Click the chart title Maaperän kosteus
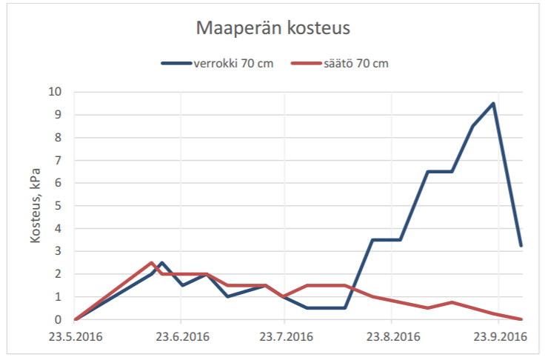pyautogui.click(x=272, y=28)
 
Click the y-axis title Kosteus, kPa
pyautogui.click(x=35, y=206)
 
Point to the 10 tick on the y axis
pyautogui.click(x=56, y=92)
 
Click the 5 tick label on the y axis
pyautogui.click(x=58, y=206)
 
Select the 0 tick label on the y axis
pyautogui.click(x=58, y=320)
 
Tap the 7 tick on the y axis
pyautogui.click(x=58, y=160)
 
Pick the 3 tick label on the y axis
pyautogui.click(x=58, y=252)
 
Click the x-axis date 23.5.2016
pyautogui.click(x=76, y=337)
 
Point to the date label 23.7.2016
pyautogui.click(x=284, y=337)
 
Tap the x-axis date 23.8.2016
pyautogui.click(x=392, y=337)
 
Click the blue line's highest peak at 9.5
pyautogui.click(x=493, y=103)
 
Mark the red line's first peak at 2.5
pyautogui.click(x=152, y=262)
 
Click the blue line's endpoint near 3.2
pyautogui.click(x=522, y=245)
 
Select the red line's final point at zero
pyautogui.click(x=522, y=319)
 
